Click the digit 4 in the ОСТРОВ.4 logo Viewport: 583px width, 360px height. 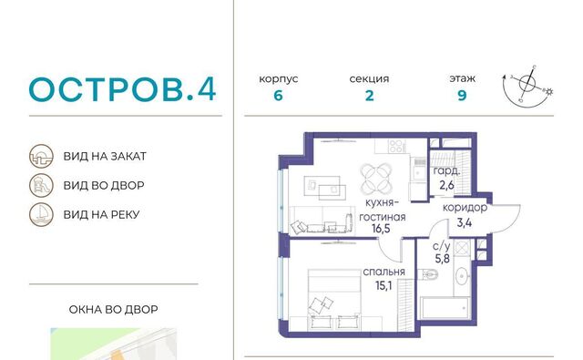(x=207, y=89)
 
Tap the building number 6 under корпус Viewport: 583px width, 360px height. (x=278, y=96)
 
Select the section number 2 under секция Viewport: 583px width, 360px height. (x=369, y=96)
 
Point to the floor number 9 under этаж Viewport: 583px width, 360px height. (x=462, y=96)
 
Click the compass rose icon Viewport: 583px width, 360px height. (x=527, y=85)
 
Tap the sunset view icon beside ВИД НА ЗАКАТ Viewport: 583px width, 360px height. (x=41, y=156)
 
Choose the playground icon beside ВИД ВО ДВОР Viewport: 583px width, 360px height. (x=41, y=185)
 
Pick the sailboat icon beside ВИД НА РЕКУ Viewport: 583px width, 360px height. (x=41, y=214)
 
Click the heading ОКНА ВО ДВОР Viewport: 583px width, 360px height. (x=113, y=310)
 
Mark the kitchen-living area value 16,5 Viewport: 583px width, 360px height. (x=381, y=229)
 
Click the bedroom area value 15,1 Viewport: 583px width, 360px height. (x=384, y=285)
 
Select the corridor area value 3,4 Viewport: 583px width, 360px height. (x=465, y=222)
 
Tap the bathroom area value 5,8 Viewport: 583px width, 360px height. (x=443, y=258)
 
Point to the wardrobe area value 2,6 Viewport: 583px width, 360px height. (x=446, y=185)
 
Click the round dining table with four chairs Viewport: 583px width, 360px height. (x=376, y=178)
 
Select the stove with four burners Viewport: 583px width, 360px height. (x=397, y=146)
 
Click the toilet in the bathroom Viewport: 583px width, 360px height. (x=428, y=274)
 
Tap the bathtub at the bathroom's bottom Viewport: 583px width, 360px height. (x=445, y=308)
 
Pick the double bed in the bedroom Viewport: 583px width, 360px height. (x=334, y=300)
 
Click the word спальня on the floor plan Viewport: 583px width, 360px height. (x=384, y=273)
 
